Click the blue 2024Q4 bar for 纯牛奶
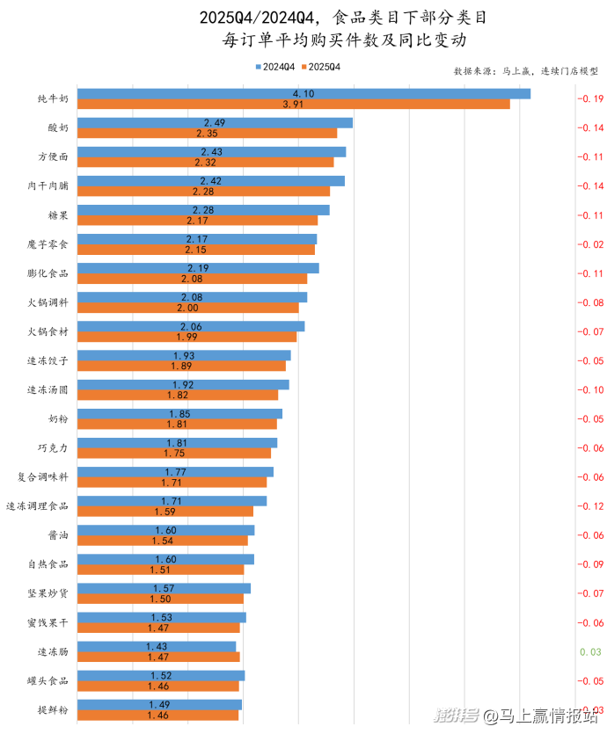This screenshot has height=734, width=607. pyautogui.click(x=303, y=93)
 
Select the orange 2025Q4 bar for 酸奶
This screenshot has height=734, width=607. pyautogui.click(x=208, y=134)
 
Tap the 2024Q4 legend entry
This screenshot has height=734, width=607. pyautogui.click(x=274, y=67)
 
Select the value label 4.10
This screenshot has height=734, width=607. pyautogui.click(x=303, y=93)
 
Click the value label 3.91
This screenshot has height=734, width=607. pyautogui.click(x=293, y=104)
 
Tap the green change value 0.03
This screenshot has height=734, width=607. pyautogui.click(x=589, y=651)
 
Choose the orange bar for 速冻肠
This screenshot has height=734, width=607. pyautogui.click(x=158, y=657)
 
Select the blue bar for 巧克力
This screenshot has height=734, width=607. pyautogui.click(x=177, y=443)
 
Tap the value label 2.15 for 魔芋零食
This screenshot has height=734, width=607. pyautogui.click(x=196, y=250)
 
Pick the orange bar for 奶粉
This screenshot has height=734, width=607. pyautogui.click(x=177, y=424)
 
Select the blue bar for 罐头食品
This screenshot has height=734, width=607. pyautogui.click(x=161, y=675)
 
